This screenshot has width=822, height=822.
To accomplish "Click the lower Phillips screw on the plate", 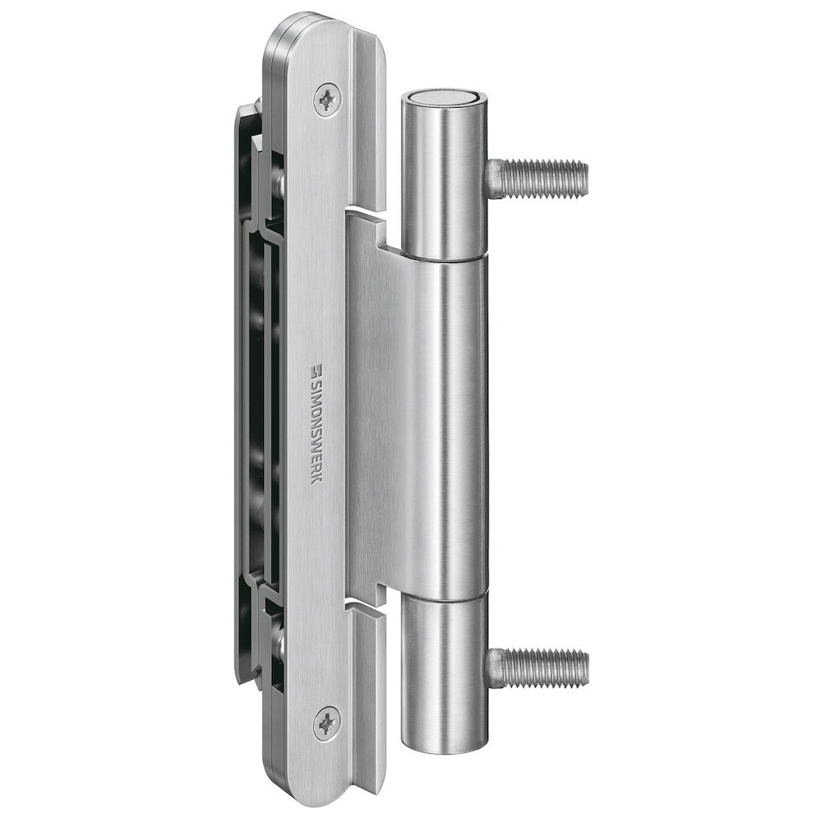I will pos(327,723).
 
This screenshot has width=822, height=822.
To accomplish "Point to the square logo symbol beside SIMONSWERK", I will pos(316,369).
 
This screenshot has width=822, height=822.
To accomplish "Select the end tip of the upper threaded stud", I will pos(584,178).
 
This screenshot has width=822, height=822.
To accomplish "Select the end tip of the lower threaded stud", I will pos(584,667).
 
